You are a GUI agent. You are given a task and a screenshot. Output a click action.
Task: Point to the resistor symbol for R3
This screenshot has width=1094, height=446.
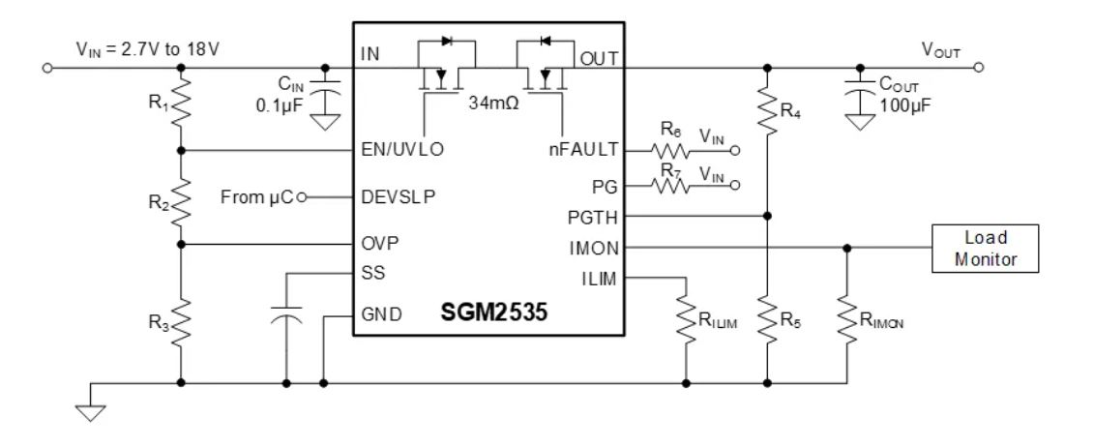pos(182,313)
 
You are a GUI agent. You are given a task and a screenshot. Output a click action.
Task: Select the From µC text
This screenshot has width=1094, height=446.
pos(252,197)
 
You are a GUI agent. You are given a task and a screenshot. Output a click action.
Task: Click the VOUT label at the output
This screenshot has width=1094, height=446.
pos(940,50)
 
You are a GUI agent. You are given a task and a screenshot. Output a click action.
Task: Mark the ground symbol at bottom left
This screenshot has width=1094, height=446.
pos(93,404)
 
